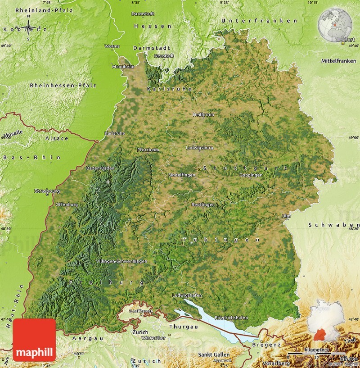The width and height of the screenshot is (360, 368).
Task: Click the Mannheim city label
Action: click(123, 67)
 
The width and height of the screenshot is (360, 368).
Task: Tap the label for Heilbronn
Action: click(203, 114)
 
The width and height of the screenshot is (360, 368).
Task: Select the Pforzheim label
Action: click(148, 150)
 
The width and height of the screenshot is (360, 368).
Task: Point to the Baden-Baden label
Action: click(100, 168)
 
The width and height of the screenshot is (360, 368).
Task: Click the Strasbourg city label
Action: click(47, 191)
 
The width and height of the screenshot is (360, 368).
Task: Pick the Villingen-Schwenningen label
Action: click(121, 261)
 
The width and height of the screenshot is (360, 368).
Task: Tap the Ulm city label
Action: click(286, 216)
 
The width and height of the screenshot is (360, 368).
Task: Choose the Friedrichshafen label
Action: click(231, 318)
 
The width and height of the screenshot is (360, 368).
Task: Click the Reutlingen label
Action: click(203, 204)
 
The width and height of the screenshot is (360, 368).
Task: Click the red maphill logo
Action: click(35, 340)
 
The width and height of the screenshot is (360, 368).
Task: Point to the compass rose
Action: click(29, 29)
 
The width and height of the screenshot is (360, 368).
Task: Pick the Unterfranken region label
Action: click(259, 21)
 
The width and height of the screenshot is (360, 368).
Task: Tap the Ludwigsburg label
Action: click(199, 147)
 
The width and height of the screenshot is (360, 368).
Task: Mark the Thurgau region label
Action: click(184, 326)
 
